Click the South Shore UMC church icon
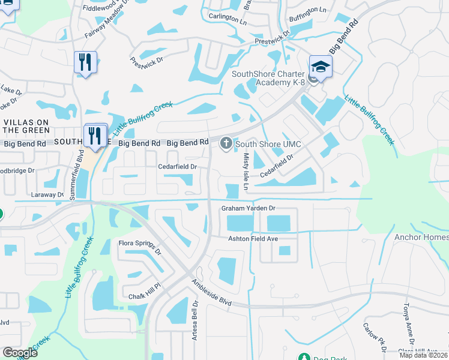(226, 143)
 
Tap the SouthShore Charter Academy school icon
(320, 67)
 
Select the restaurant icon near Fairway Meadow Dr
(85, 62)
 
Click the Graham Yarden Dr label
(248, 208)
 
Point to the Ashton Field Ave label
(253, 239)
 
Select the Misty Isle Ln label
(246, 172)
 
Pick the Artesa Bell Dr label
(194, 320)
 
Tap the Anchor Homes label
(421, 237)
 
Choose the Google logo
(20, 353)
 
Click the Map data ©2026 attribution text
(423, 355)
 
